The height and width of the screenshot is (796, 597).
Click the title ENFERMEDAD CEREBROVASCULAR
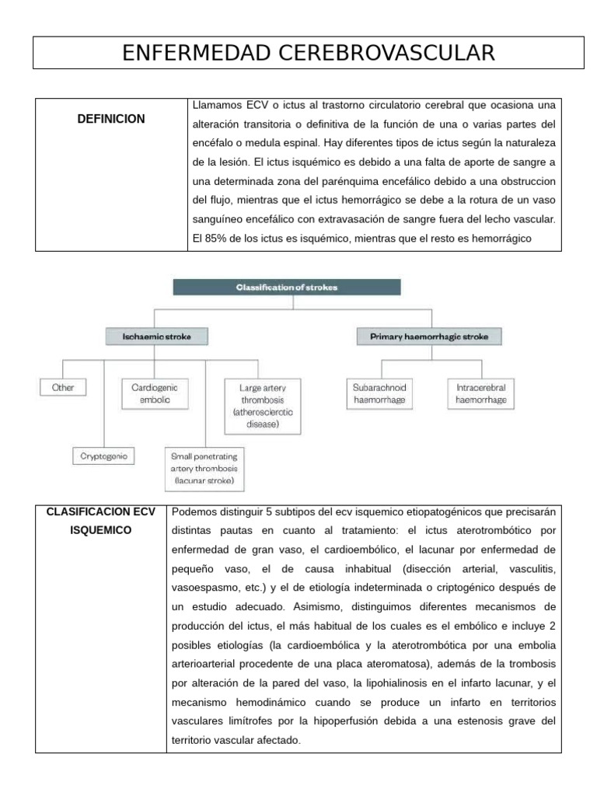[x=309, y=53]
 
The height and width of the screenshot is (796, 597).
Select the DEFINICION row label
[x=111, y=119]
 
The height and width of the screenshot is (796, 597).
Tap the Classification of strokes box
[x=287, y=287]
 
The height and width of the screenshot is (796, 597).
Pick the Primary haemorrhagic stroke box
[x=429, y=337]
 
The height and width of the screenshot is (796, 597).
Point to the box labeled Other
[x=63, y=386]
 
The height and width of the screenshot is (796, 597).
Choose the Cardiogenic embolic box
[x=154, y=393]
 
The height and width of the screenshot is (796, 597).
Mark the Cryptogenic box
[x=104, y=456]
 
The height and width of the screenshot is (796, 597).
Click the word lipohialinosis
[x=398, y=683]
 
